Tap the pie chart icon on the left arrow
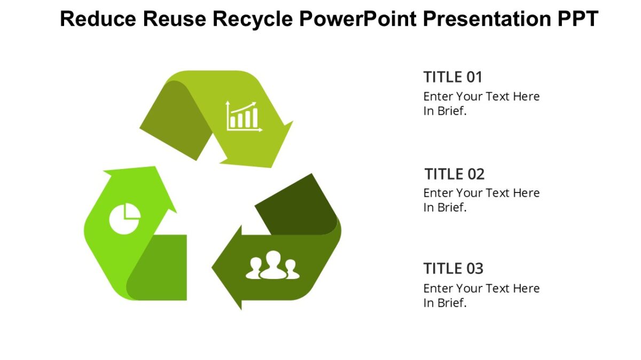(125, 219)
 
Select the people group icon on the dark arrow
(272, 265)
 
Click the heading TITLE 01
(452, 77)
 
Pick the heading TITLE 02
(455, 174)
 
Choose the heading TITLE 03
(453, 268)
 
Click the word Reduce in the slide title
(97, 19)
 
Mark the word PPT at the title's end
(575, 19)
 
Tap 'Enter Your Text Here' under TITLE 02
(481, 193)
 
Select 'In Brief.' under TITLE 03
(445, 303)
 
